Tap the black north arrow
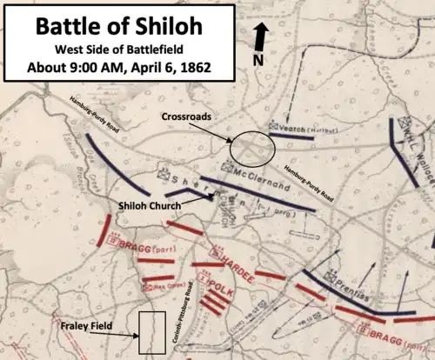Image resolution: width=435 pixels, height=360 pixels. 261,39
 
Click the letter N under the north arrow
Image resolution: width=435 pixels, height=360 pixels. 258,59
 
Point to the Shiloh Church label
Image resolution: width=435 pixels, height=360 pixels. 151,205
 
